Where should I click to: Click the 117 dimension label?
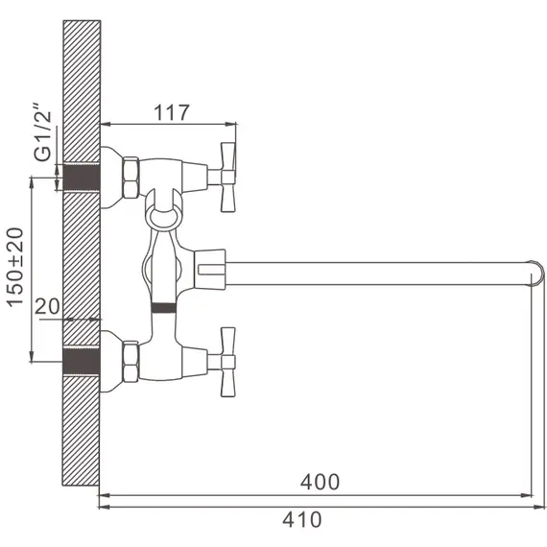[x=172, y=112]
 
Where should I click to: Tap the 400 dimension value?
[x=320, y=482]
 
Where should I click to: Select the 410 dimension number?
[x=302, y=519]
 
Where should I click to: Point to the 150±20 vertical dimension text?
[x=15, y=268]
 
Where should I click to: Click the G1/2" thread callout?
[x=42, y=131]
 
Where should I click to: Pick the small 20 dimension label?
[x=47, y=306]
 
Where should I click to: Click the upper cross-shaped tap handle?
[x=227, y=177]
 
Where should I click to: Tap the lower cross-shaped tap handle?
[x=227, y=362]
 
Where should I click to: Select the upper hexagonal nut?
[x=131, y=178]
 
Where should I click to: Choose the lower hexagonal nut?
[x=131, y=362]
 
